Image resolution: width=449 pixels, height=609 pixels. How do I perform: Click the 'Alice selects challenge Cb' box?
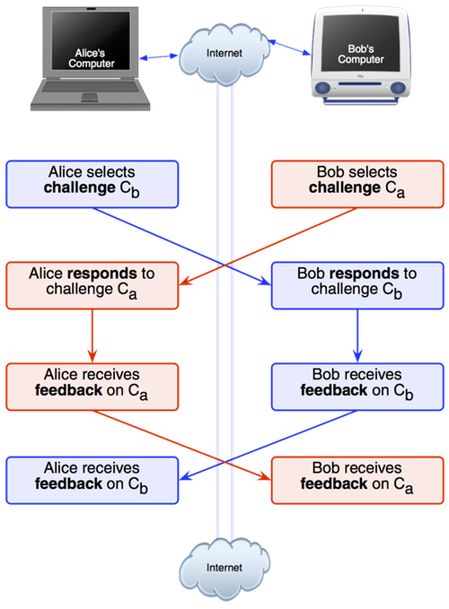92,184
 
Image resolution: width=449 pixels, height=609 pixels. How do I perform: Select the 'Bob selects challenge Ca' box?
357,184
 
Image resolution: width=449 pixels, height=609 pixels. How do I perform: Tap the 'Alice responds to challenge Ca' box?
92,285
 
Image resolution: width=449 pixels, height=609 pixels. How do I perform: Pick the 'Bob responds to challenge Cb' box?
357,285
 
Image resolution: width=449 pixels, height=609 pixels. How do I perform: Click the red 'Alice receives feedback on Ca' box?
92,387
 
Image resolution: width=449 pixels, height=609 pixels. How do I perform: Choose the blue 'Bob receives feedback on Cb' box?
357,387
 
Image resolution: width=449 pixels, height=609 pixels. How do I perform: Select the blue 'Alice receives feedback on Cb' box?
92,481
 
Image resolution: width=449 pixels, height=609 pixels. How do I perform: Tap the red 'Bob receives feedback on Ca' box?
357,481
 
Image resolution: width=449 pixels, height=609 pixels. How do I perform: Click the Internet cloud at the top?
224,54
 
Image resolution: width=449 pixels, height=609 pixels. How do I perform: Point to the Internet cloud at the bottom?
224,569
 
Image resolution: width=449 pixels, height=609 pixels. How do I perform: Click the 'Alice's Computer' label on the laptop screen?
92,58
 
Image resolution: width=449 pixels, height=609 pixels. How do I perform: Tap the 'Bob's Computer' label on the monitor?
361,54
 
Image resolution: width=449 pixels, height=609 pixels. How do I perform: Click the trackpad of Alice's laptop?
90,97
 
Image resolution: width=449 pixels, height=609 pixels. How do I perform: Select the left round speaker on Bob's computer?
321,88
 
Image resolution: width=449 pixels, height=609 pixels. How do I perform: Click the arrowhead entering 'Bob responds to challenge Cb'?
266,282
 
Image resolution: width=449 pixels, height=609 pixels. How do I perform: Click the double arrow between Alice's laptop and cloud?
159,57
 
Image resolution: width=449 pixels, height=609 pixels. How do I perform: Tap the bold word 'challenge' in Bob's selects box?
345,187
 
